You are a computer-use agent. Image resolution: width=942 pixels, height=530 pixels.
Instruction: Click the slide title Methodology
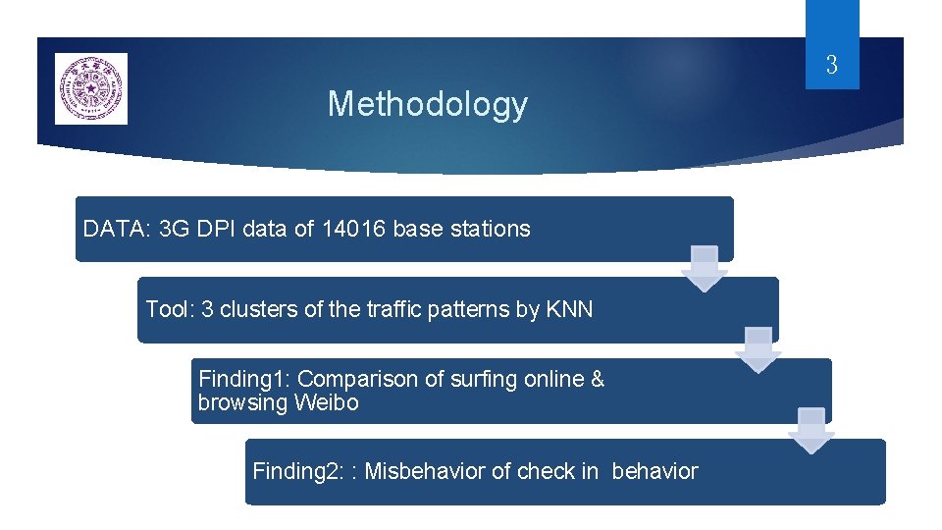click(427, 104)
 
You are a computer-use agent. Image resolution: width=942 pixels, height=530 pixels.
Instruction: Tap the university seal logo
click(91, 89)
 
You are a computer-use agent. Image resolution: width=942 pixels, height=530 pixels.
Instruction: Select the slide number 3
click(831, 66)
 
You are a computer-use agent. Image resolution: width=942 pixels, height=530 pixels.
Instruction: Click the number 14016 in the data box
click(354, 230)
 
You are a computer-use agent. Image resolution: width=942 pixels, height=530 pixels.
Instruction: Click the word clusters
click(258, 310)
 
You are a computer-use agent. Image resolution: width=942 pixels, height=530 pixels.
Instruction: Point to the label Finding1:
click(244, 379)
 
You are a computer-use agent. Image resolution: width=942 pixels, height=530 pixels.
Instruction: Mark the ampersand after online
click(598, 379)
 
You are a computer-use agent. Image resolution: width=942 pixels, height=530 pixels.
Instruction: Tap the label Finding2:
click(298, 471)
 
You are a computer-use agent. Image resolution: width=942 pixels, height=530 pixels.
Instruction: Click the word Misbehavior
click(425, 471)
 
